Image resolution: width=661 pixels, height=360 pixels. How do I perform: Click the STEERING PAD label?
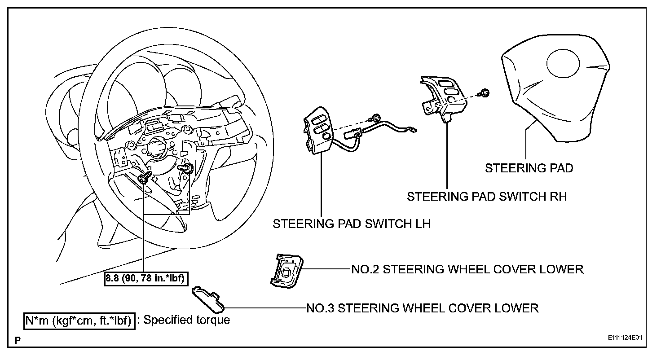coord(529,168)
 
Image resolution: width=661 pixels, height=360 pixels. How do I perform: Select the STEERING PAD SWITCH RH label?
coord(487,197)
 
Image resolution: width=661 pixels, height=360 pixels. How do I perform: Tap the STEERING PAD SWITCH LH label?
coord(352,224)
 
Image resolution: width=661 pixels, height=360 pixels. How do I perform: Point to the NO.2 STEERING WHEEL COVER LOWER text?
coord(467,269)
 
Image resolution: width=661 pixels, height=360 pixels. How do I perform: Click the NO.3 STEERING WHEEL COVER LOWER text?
coord(422,308)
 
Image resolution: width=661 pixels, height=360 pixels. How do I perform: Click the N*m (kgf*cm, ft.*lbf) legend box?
coord(79,320)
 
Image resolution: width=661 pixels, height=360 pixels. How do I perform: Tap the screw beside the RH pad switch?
coord(485,93)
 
